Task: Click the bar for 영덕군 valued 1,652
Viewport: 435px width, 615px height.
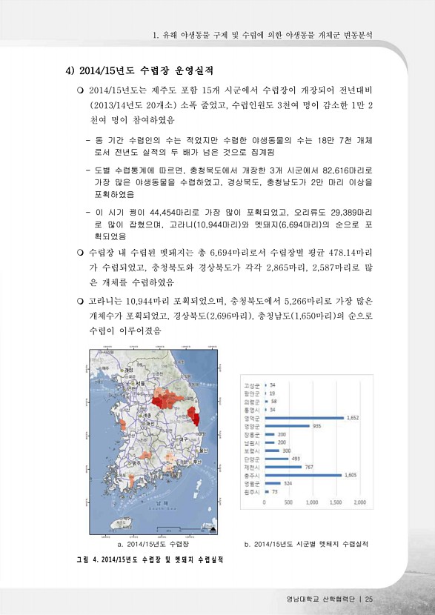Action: [305, 418]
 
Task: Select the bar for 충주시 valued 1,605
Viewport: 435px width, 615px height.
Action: [304, 475]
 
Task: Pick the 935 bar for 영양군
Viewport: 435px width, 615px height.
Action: [288, 426]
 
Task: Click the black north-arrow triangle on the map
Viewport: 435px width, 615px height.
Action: [213, 531]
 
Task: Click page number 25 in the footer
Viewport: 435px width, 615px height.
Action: [368, 599]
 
